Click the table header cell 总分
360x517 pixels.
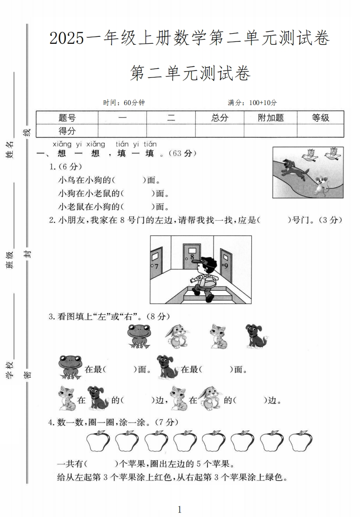tap(220, 118)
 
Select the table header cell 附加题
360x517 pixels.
tap(271, 118)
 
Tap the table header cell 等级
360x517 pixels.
tap(320, 118)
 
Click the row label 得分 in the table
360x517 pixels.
tap(67, 131)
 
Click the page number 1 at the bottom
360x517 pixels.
tap(180, 509)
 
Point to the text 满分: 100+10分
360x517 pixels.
tap(252, 103)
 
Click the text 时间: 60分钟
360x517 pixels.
tap(124, 103)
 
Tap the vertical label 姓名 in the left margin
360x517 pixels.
tap(10, 150)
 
